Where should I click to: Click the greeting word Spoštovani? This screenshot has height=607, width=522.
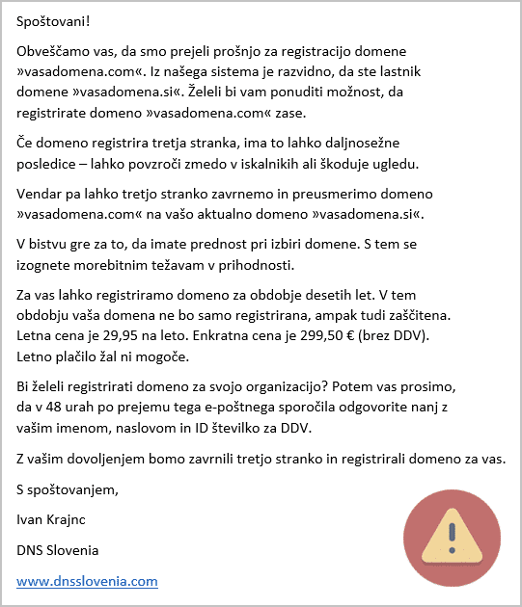tap(57, 21)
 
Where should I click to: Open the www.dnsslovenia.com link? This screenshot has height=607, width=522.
tap(87, 581)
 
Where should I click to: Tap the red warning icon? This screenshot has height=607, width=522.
tap(450, 536)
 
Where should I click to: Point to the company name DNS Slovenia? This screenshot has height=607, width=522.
tap(58, 550)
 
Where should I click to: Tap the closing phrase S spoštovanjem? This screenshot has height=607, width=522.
tap(68, 489)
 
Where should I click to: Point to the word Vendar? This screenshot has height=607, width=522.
tap(41, 193)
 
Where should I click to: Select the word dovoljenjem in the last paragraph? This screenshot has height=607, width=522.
tap(110, 459)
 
